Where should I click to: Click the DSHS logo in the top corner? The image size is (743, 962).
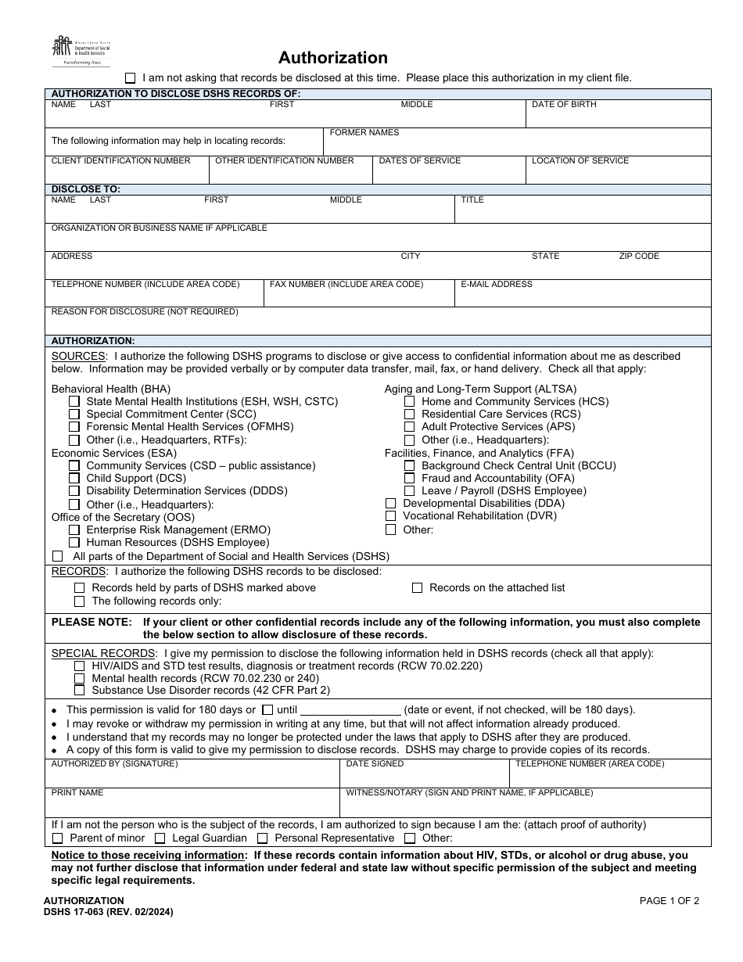coord(81,52)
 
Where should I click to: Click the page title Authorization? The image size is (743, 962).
coord(333,58)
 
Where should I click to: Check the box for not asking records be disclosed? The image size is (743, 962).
coord(131,78)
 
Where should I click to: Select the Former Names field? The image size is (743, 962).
coord(516,145)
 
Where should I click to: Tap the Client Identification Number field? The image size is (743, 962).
coord(127,174)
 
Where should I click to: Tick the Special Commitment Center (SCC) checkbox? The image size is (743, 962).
coord(74,414)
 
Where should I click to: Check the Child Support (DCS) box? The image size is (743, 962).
coord(74,478)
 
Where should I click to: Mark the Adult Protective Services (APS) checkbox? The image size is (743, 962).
coord(409,426)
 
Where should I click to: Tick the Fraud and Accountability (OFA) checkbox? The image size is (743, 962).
coord(409,478)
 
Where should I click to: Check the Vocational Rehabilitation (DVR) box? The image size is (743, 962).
coord(390,515)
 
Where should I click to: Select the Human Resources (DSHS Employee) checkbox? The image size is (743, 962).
coord(74,542)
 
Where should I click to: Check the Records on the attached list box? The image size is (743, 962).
coord(417,587)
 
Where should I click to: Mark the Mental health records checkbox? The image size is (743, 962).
coord(79,678)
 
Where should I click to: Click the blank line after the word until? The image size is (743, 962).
coord(351,709)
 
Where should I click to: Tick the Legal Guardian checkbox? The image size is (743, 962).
coord(160,838)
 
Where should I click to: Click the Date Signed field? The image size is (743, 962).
coord(424,777)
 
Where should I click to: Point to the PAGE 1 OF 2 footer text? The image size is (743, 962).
coord(669,900)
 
